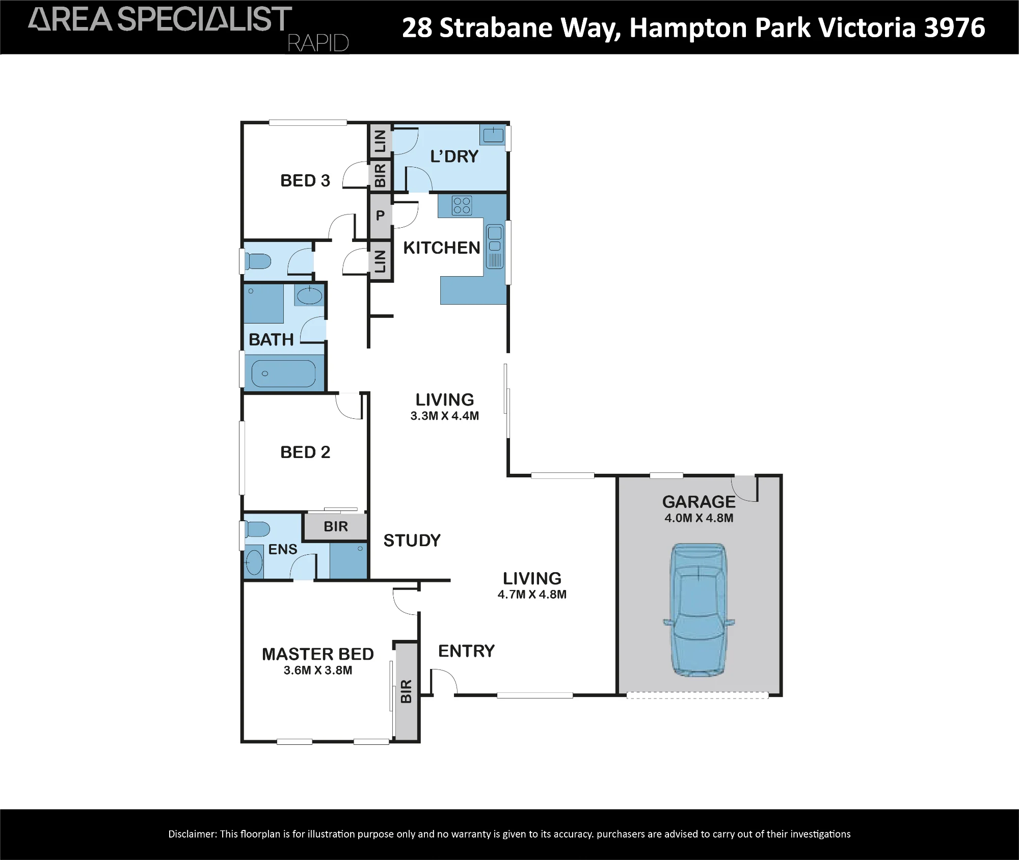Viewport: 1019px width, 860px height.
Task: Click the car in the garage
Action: (x=699, y=610)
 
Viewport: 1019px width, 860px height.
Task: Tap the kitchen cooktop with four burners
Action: (x=462, y=205)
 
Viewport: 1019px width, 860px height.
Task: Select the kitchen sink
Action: (x=494, y=247)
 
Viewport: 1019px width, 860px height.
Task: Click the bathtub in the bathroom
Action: (x=283, y=374)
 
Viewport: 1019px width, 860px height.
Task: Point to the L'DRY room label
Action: (x=454, y=156)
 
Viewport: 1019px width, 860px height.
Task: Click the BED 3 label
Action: (x=305, y=180)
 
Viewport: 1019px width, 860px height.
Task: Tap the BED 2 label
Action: (x=305, y=452)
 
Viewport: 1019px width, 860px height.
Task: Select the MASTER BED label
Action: (x=318, y=654)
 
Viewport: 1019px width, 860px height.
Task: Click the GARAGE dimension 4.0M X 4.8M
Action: (x=699, y=518)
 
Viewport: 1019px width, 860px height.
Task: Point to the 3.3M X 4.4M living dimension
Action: (x=445, y=416)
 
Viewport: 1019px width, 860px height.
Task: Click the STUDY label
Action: (x=412, y=541)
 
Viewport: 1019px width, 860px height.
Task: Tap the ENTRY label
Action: (x=466, y=651)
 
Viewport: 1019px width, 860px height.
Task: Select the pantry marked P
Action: (x=380, y=216)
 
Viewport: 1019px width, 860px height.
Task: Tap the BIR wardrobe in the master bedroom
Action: (x=406, y=691)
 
